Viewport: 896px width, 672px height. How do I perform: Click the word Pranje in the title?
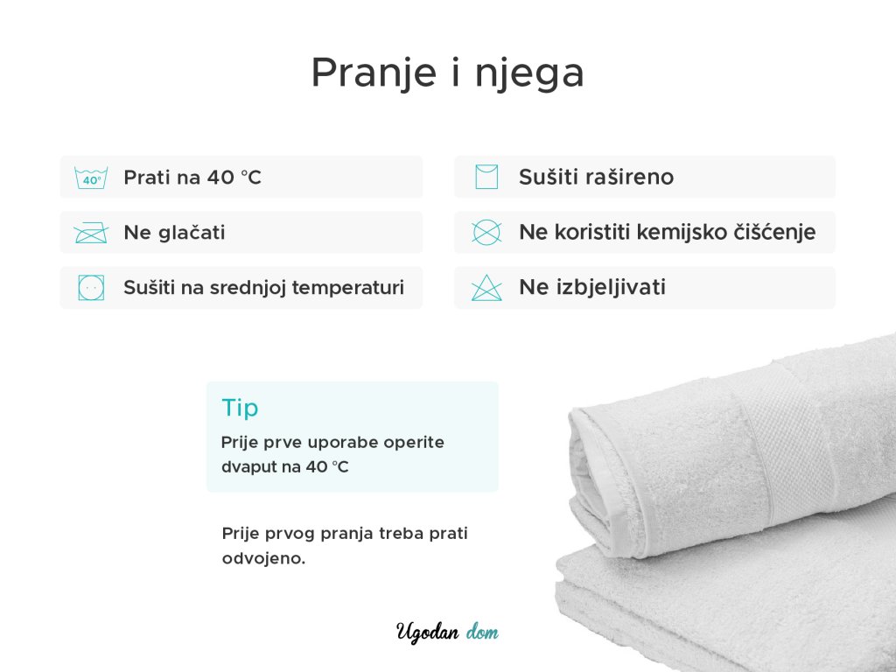pyautogui.click(x=374, y=73)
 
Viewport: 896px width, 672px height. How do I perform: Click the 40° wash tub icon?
pyautogui.click(x=91, y=177)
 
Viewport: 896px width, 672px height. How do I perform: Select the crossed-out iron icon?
pyautogui.click(x=91, y=233)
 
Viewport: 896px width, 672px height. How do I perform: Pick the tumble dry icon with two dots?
pyautogui.click(x=91, y=287)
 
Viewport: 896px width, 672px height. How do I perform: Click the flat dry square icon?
pyautogui.click(x=486, y=177)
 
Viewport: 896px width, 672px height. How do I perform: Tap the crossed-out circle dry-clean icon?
pyautogui.click(x=486, y=232)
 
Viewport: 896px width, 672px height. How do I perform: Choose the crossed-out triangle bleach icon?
pyautogui.click(x=486, y=287)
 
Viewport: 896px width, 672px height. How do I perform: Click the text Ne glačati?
pyautogui.click(x=174, y=233)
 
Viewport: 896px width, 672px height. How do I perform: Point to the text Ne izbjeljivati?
pyautogui.click(x=592, y=287)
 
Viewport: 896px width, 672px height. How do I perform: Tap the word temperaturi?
pyautogui.click(x=348, y=287)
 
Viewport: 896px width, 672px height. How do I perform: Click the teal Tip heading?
pyautogui.click(x=240, y=409)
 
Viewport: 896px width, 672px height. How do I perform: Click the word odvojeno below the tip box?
pyautogui.click(x=263, y=558)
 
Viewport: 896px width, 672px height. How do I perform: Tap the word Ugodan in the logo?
pyautogui.click(x=427, y=633)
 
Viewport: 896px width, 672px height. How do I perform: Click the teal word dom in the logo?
pyautogui.click(x=482, y=632)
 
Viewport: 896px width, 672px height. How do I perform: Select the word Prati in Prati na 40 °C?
pyautogui.click(x=147, y=177)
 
